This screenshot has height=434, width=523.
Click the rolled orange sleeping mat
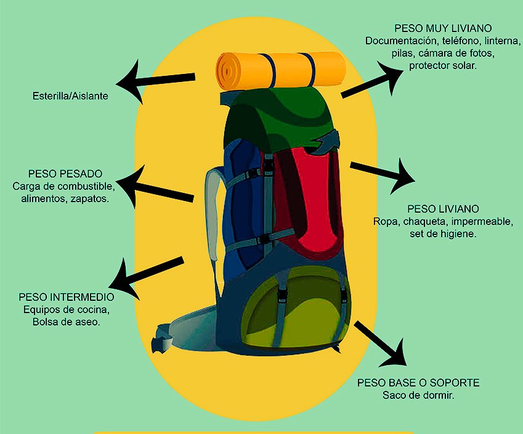pyautogui.click(x=280, y=70)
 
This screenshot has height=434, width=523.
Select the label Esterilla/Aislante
pyautogui.click(x=70, y=96)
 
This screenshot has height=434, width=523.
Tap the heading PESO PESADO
pyautogui.click(x=65, y=174)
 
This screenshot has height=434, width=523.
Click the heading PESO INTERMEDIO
pyautogui.click(x=67, y=297)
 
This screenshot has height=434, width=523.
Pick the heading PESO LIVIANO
pyautogui.click(x=443, y=209)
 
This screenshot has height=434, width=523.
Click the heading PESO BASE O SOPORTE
pyautogui.click(x=418, y=383)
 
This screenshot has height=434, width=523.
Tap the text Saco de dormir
pyautogui.click(x=418, y=395)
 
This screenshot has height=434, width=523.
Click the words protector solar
pyautogui.click(x=442, y=65)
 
